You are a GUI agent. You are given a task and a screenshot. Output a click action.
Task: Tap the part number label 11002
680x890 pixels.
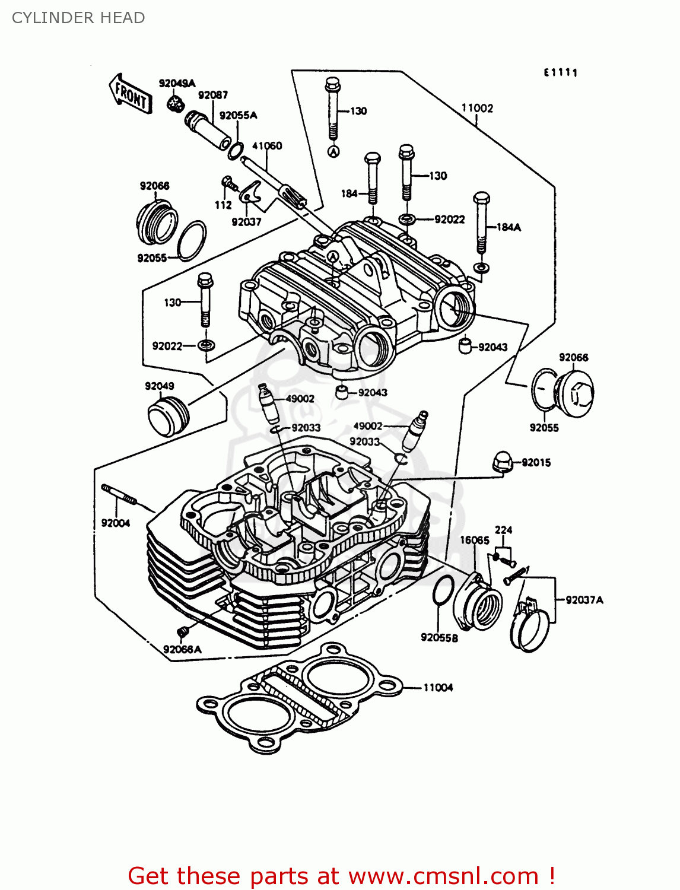[x=477, y=108]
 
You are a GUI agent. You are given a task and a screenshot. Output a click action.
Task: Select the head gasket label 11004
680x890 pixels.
[x=438, y=688]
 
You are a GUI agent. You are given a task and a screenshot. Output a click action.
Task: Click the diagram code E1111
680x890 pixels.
[x=561, y=72]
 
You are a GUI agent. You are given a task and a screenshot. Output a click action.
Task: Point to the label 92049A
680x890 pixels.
[x=177, y=83]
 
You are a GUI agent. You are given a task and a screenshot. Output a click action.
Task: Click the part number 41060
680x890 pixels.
[x=267, y=146]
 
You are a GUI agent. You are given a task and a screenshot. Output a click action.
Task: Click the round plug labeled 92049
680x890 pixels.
[x=167, y=417]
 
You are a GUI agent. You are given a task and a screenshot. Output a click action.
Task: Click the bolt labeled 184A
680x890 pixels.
[x=481, y=223]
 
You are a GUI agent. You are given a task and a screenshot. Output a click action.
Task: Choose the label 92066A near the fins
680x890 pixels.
[x=182, y=649]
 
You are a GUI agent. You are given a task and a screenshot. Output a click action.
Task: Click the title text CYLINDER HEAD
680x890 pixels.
[x=78, y=18]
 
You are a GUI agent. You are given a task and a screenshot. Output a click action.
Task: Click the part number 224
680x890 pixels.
[x=503, y=530]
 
